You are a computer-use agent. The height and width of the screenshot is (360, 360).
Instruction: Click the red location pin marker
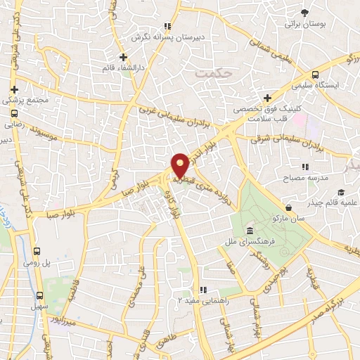pyautogui.click(x=180, y=165)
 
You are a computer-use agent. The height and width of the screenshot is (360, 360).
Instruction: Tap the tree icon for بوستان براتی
pyautogui.click(x=304, y=13)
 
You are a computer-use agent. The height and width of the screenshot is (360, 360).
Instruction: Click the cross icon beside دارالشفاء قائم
pyautogui.click(x=123, y=57)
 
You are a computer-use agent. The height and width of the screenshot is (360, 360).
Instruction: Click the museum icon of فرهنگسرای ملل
pyautogui.click(x=249, y=231)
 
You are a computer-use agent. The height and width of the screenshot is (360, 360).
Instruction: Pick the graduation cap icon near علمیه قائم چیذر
pyautogui.click(x=341, y=193)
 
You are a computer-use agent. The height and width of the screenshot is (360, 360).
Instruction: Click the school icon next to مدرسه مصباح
pyautogui.click(x=304, y=167)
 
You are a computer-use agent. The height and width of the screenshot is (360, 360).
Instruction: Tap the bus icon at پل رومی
pyautogui.click(x=37, y=250)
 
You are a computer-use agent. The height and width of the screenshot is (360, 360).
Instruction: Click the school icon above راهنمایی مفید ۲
pyautogui.click(x=202, y=289)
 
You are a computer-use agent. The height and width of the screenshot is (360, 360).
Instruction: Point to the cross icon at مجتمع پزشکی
pyautogui.click(x=15, y=89)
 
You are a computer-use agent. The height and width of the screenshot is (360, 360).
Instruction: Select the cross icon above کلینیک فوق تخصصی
pyautogui.click(x=266, y=98)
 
